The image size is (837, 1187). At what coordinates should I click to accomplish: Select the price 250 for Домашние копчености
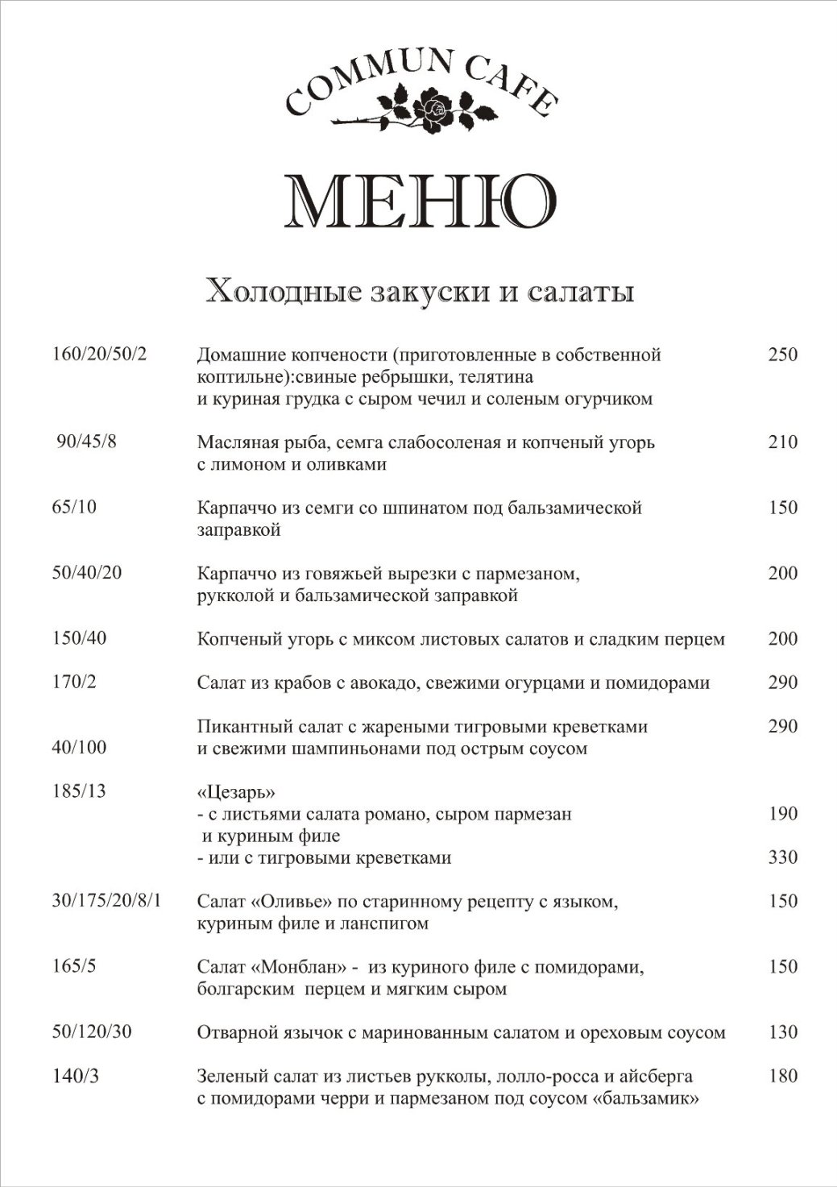pos(782,355)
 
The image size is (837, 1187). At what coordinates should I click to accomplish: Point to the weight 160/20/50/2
pos(100,355)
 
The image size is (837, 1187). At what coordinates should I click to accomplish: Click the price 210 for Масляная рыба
pos(782,442)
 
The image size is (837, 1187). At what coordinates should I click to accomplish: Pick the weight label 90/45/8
pos(87,442)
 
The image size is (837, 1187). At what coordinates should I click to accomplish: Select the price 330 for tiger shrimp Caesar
pos(782,857)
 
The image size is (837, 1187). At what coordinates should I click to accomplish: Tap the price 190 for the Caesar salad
pos(782,813)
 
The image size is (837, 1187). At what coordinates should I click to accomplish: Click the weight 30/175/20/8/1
pos(106,900)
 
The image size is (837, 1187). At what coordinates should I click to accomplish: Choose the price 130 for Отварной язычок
pos(782,1031)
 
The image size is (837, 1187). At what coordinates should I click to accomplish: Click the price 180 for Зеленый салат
pos(782,1076)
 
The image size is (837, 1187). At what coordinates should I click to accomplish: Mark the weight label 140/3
pos(76,1076)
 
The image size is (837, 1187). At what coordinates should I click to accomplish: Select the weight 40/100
pos(79,748)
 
